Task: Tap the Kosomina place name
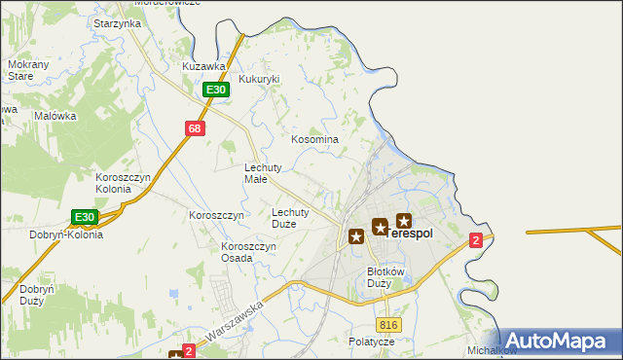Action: [x=315, y=139]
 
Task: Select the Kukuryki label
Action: [x=259, y=79]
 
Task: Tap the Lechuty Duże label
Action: [x=290, y=217]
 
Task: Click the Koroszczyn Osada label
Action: [x=249, y=252]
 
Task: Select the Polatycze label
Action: [x=371, y=342]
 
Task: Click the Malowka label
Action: [x=55, y=116]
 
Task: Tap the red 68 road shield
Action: [x=195, y=128]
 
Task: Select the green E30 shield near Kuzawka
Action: [x=216, y=90]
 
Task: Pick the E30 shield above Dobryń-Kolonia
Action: [x=85, y=217]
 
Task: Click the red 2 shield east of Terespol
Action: [x=475, y=240]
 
